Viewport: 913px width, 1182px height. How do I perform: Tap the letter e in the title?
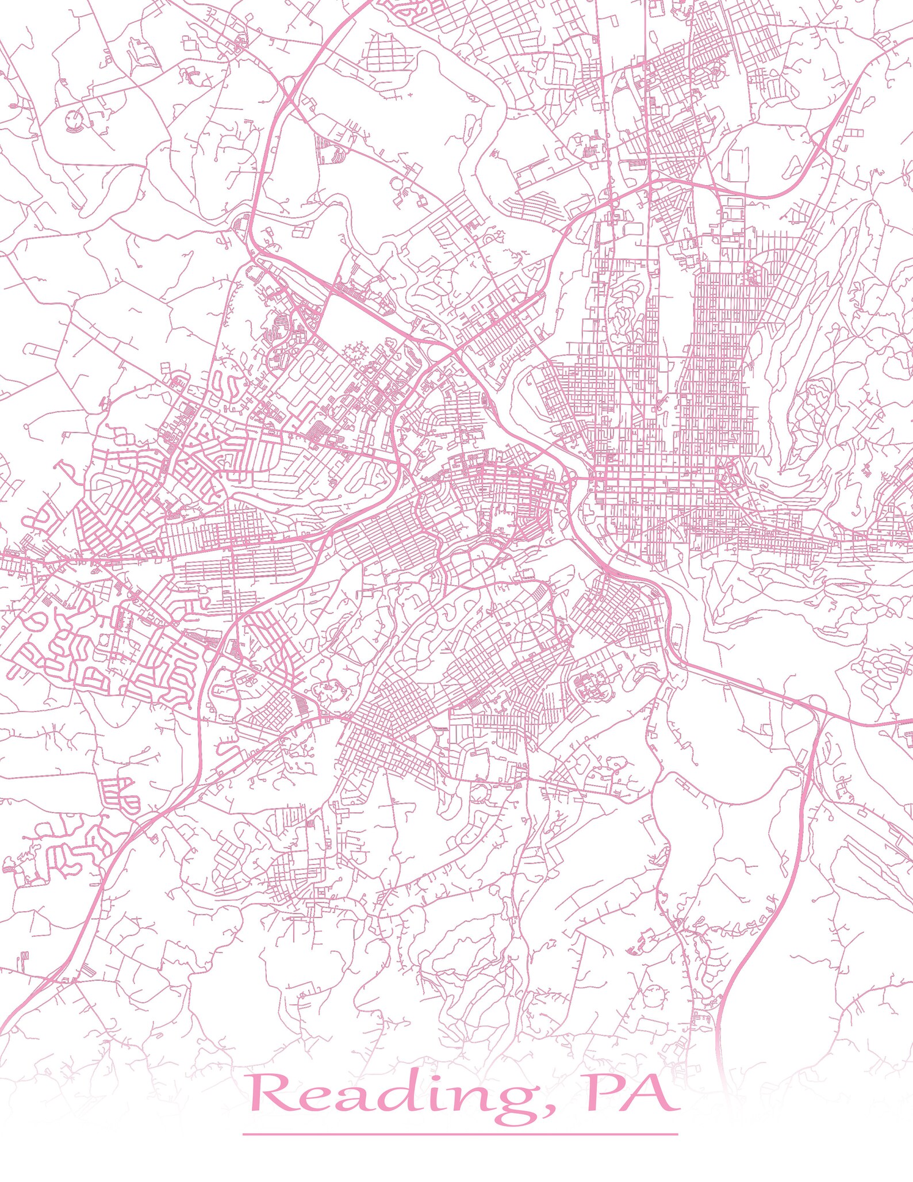tap(313, 1099)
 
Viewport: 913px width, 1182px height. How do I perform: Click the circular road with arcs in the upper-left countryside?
tap(73, 120)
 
